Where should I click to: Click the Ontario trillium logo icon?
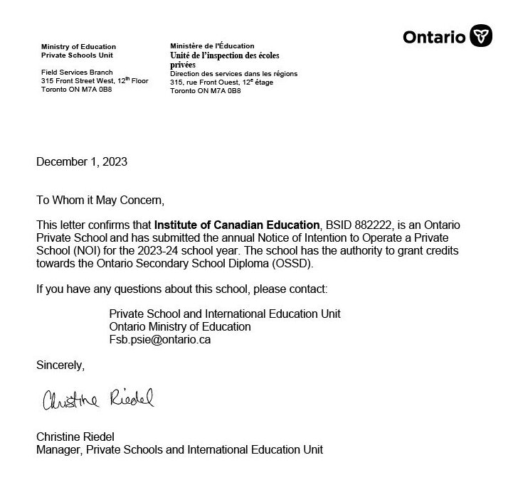[481, 36]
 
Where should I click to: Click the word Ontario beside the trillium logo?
[433, 36]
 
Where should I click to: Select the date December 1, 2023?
[82, 161]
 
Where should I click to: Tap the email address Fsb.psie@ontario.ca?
[160, 339]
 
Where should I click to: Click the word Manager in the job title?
[57, 449]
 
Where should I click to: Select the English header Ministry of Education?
[78, 47]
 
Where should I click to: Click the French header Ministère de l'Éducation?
[212, 46]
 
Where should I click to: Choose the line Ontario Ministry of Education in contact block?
[180, 326]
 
